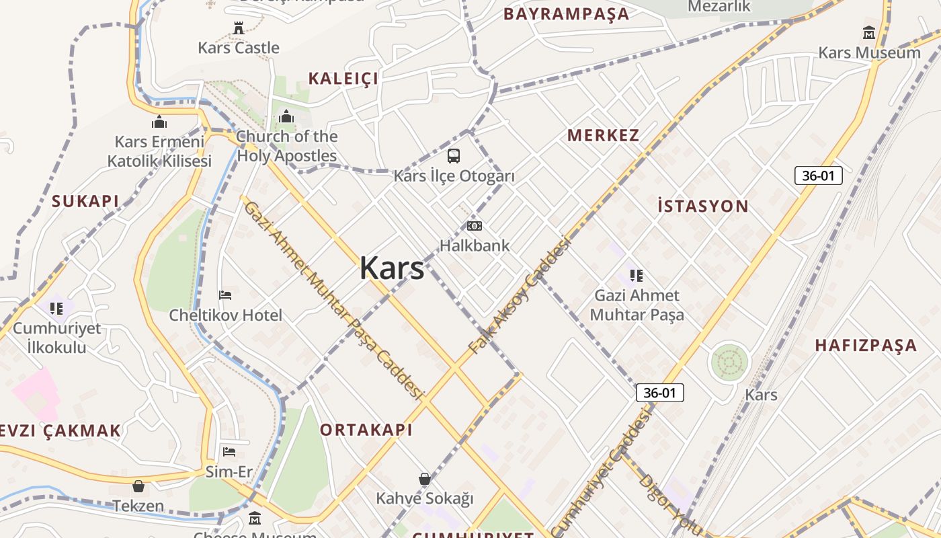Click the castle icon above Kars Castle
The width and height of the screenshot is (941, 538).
pos(239,28)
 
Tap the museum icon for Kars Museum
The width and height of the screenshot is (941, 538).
pos(869,33)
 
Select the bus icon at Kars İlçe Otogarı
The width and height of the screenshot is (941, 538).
pos(454,156)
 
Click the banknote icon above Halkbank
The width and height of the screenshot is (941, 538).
pos(475,226)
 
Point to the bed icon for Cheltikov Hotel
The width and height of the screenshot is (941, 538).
pos(226,295)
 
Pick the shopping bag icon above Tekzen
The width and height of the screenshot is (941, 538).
pos(138,486)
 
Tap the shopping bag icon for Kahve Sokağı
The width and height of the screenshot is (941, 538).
pos(425,479)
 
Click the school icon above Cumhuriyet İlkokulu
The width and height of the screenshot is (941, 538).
pos(56,308)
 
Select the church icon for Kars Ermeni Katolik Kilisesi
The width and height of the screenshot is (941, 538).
pos(159,122)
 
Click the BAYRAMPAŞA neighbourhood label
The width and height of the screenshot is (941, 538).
pos(566,14)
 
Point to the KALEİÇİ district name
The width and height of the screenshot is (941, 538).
pos(343,79)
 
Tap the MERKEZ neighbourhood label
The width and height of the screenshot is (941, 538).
pos(603,135)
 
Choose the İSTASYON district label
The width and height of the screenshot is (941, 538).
pos(702,206)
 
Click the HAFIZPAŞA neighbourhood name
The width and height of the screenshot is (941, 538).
pos(866,346)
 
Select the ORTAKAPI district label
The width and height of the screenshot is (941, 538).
pos(366,430)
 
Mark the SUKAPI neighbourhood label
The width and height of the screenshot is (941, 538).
pos(85,201)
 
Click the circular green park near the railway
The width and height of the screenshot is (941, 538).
pos(729,363)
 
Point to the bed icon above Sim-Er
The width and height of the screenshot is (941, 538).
pos(229,451)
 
